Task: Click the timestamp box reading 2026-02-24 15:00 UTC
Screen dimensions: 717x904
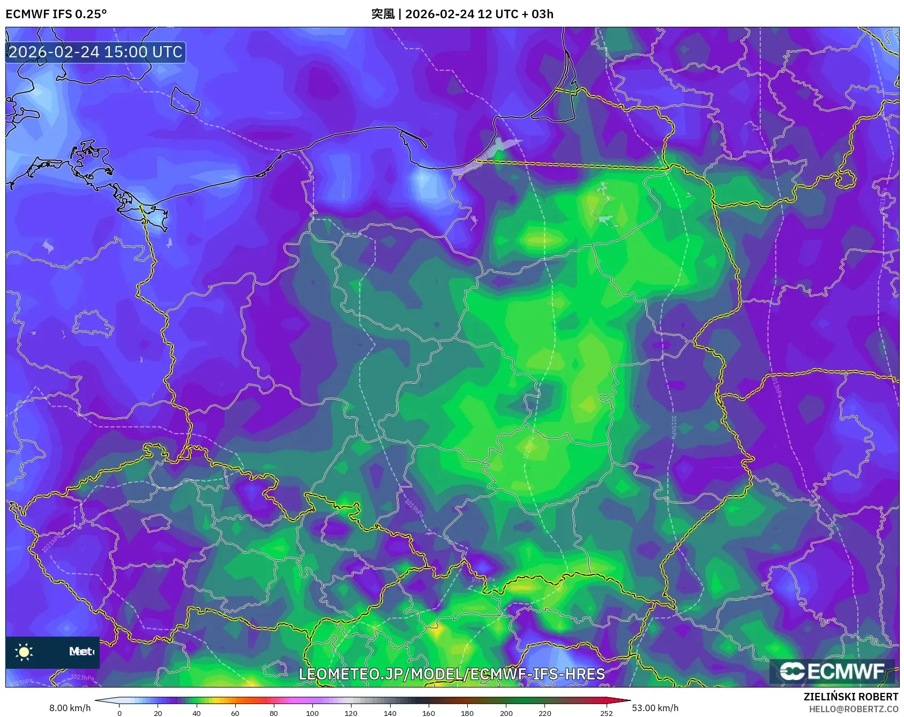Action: click(95, 52)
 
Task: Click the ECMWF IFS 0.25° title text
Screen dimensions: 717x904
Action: click(56, 14)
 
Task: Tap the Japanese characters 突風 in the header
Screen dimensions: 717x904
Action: click(383, 14)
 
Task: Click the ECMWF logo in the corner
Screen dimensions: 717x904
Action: click(832, 671)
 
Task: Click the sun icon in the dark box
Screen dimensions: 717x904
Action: click(24, 652)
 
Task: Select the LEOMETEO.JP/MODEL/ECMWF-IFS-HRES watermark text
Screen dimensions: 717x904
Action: click(451, 674)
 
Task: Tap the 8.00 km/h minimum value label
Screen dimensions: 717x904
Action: click(70, 708)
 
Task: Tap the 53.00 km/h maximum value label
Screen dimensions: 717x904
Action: click(655, 708)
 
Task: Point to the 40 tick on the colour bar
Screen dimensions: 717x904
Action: click(197, 713)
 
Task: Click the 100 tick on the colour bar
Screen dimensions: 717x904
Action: click(312, 713)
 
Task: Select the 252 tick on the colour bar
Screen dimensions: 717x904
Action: click(606, 713)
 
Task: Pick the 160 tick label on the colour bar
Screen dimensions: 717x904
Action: click(428, 713)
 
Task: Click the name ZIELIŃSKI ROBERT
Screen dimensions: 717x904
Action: click(850, 697)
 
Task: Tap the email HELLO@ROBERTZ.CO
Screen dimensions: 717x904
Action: click(853, 709)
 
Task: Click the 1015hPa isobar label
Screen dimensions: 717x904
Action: click(674, 427)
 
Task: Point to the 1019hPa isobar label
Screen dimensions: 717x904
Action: click(414, 508)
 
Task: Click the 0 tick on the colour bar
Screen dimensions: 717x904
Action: click(119, 713)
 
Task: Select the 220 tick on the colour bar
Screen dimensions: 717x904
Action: click(544, 713)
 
